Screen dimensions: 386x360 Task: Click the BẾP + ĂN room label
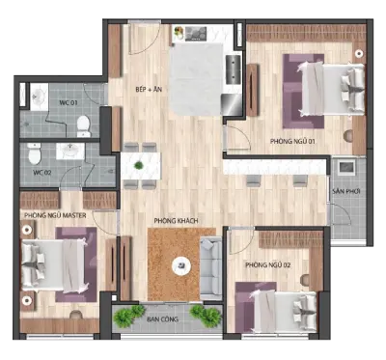[149, 90]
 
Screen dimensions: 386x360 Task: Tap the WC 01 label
[69, 103]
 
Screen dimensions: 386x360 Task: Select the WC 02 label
[42, 173]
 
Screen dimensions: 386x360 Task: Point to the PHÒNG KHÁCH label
[176, 221]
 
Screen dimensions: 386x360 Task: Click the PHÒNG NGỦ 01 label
[292, 141]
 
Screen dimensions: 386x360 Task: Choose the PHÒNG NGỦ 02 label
[268, 265]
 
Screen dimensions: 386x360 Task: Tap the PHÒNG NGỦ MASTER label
[55, 215]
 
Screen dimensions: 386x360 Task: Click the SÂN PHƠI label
[346, 191]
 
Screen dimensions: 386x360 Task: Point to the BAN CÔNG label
[162, 319]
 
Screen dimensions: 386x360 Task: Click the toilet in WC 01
[84, 126]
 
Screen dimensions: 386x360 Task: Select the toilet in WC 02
[35, 153]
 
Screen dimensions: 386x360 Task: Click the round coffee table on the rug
[181, 266]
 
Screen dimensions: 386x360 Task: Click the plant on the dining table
[139, 165]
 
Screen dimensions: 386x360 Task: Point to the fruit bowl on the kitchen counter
[179, 33]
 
